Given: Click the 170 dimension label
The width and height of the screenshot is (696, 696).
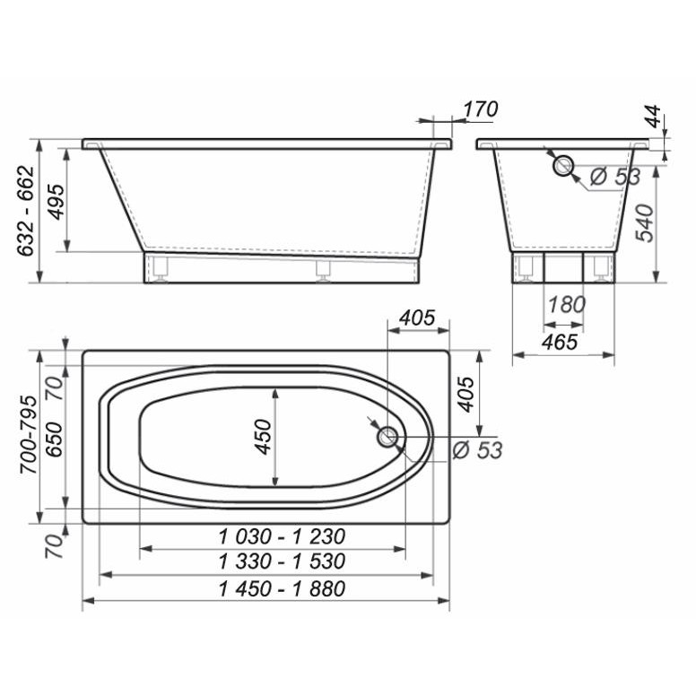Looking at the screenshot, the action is pyautogui.click(x=481, y=109).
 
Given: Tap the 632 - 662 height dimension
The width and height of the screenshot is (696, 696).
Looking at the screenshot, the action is pyautogui.click(x=26, y=211).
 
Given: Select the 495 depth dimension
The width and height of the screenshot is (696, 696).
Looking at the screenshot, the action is pyautogui.click(x=57, y=202).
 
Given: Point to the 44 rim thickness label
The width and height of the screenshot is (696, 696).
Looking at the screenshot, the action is pyautogui.click(x=653, y=117).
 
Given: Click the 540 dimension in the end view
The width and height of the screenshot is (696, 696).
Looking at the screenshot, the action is pyautogui.click(x=645, y=222).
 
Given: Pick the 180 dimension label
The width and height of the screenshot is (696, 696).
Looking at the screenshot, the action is pyautogui.click(x=566, y=305).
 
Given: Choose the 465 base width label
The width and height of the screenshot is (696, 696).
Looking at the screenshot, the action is pyautogui.click(x=561, y=342).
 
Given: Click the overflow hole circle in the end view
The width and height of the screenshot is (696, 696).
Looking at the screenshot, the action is pyautogui.click(x=563, y=166).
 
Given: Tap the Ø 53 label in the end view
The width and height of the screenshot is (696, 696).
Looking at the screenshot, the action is pyautogui.click(x=615, y=177).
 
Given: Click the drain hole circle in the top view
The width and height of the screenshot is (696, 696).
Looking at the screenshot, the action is pyautogui.click(x=388, y=437).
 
